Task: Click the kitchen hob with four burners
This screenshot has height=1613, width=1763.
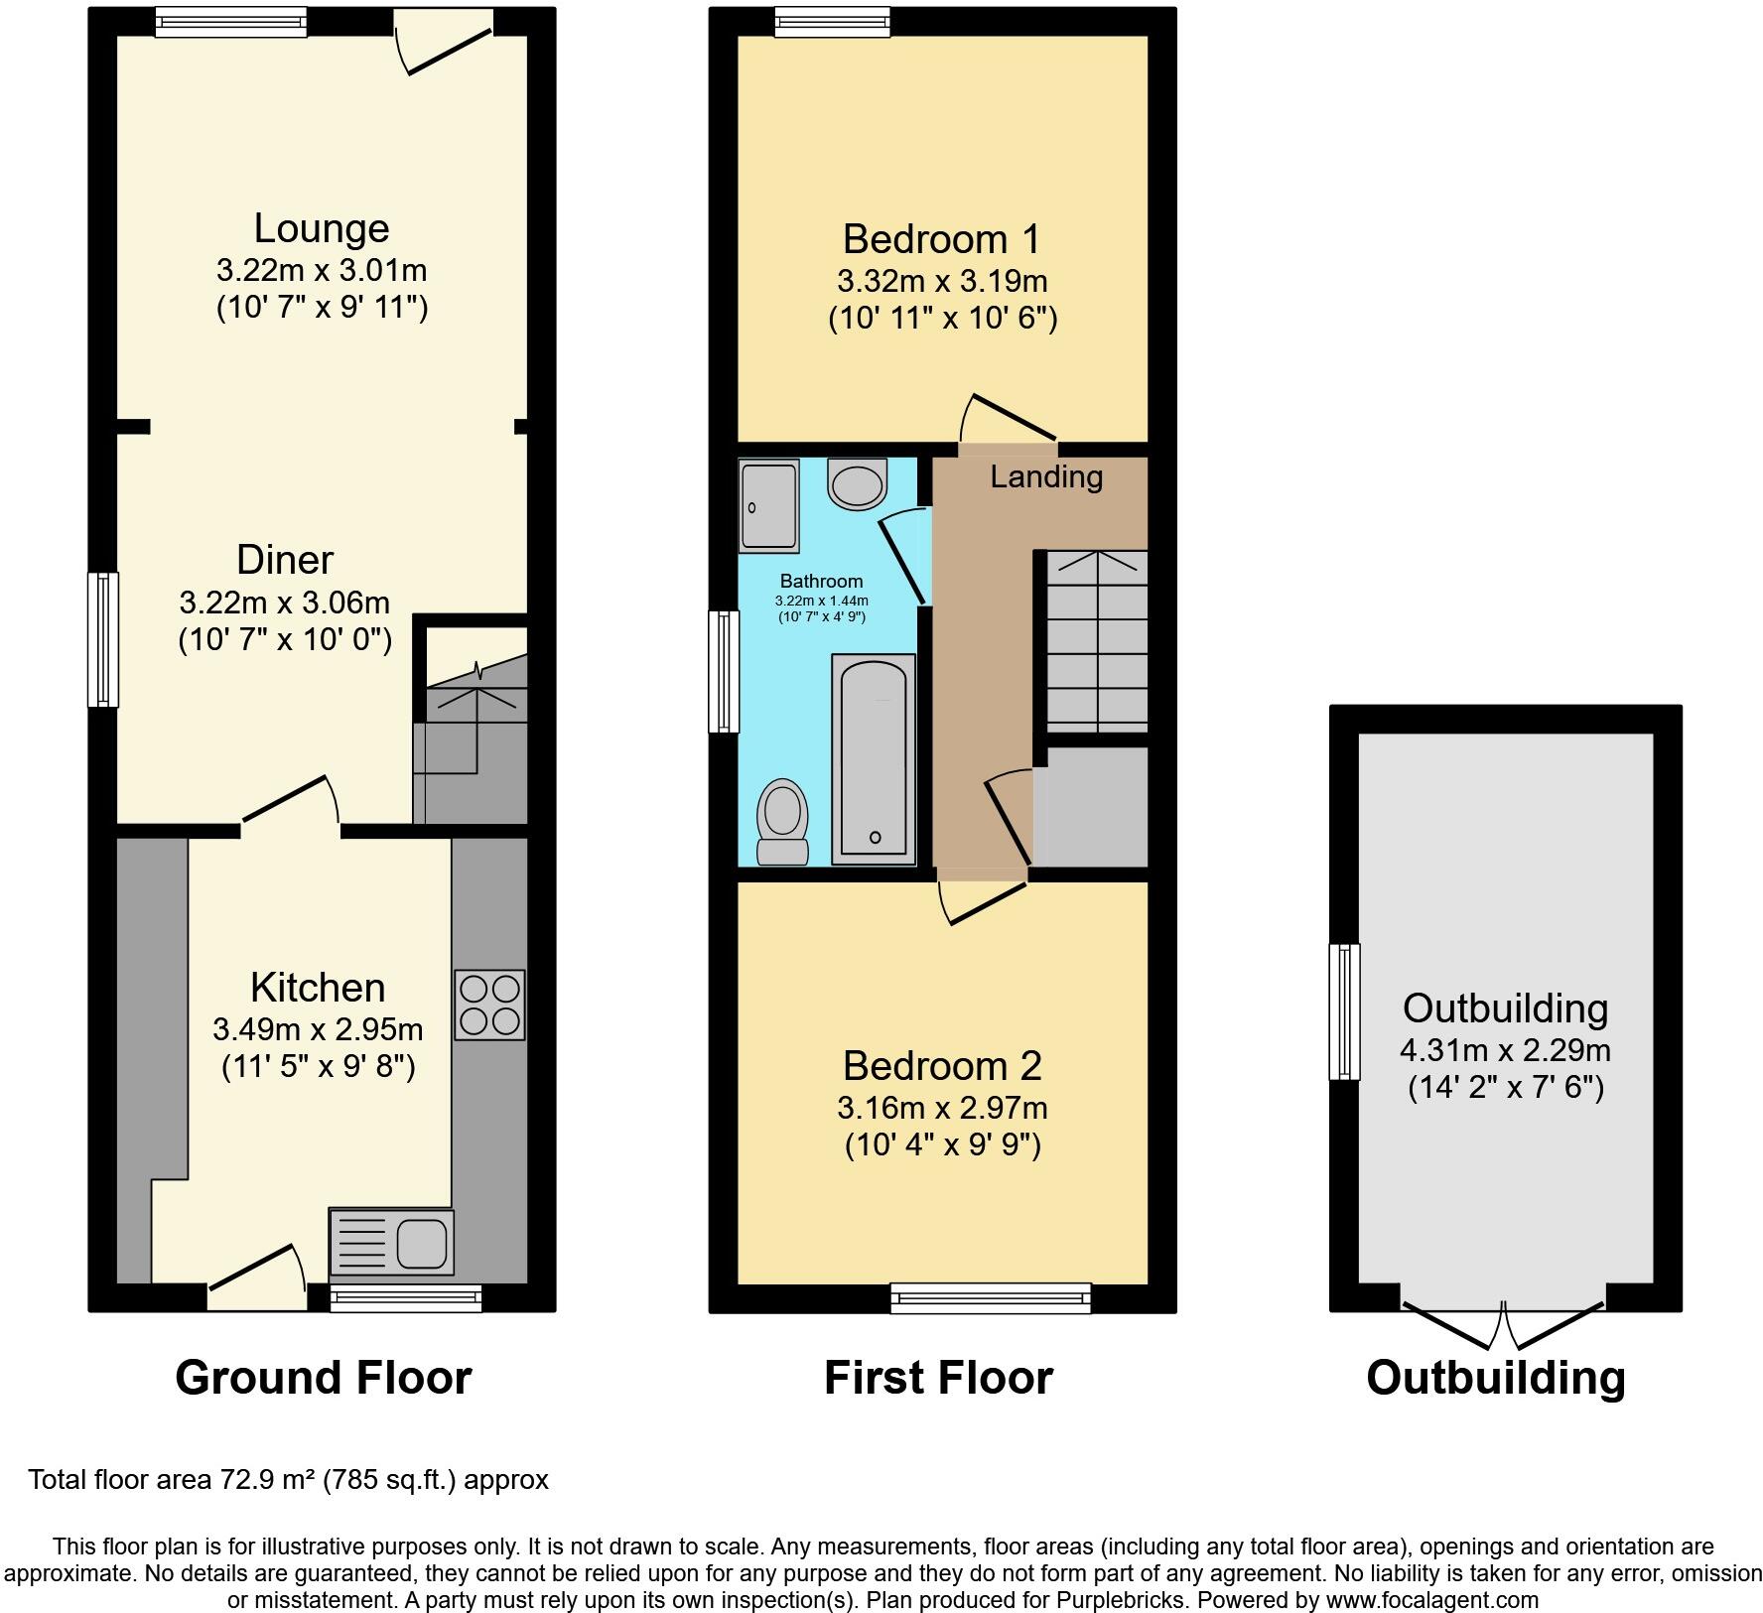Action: click(489, 1005)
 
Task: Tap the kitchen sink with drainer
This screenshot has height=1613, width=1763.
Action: click(391, 1242)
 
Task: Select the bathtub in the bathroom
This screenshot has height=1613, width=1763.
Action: click(874, 757)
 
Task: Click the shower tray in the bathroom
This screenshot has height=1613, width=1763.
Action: click(768, 505)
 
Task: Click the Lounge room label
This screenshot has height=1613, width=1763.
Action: click(322, 228)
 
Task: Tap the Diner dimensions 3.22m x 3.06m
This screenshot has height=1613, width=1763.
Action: click(285, 602)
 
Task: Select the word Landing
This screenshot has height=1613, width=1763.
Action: click(1046, 477)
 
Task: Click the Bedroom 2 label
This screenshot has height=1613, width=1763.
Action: click(942, 1066)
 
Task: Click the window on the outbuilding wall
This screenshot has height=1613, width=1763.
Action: click(1345, 1010)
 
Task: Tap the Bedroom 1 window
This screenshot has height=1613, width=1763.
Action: click(832, 22)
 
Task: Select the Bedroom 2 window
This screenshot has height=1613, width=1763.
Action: click(990, 1298)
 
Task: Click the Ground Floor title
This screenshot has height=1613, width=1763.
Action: click(323, 1378)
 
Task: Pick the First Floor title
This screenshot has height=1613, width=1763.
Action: click(938, 1378)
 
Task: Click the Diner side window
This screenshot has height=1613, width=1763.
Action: click(103, 639)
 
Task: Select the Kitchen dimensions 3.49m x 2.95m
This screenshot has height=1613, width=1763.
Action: click(318, 1029)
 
